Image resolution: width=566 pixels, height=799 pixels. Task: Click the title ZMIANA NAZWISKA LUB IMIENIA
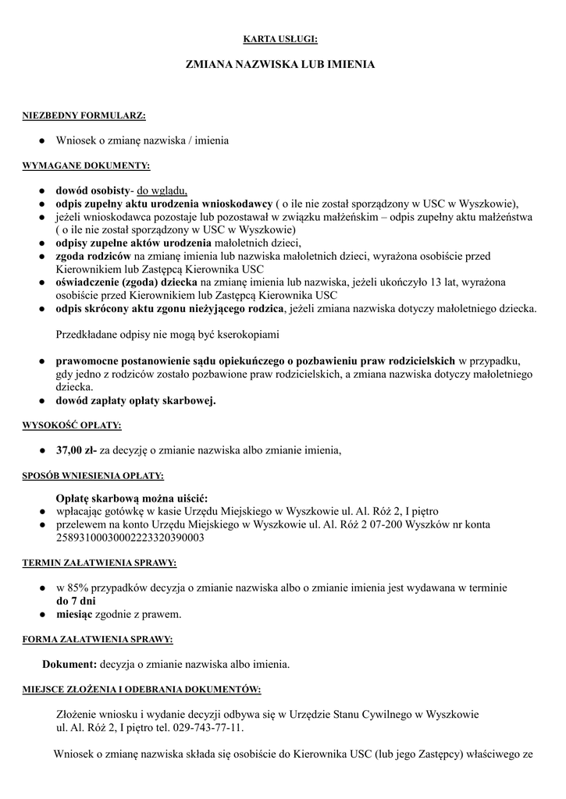point(280,65)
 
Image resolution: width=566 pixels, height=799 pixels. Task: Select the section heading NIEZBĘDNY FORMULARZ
point(84,115)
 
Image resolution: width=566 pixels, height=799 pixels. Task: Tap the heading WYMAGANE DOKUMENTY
point(86,166)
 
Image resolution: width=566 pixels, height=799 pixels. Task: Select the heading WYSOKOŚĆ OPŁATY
point(71,425)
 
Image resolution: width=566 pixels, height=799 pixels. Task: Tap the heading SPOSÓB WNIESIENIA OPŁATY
point(93,475)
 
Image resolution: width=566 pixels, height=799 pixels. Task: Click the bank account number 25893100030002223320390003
point(130,538)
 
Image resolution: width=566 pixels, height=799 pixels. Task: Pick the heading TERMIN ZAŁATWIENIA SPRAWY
point(99,563)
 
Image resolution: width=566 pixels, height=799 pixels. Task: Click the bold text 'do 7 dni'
point(76,601)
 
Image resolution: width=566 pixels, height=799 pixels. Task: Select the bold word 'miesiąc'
point(74,614)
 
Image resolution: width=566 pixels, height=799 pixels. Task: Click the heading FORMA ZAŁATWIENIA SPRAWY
point(98,639)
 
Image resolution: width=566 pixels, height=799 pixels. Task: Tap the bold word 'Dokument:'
point(69,664)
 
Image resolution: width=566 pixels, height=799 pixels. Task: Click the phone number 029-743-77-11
point(207,728)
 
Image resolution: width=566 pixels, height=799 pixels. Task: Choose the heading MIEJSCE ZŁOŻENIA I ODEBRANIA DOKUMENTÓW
point(141,690)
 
